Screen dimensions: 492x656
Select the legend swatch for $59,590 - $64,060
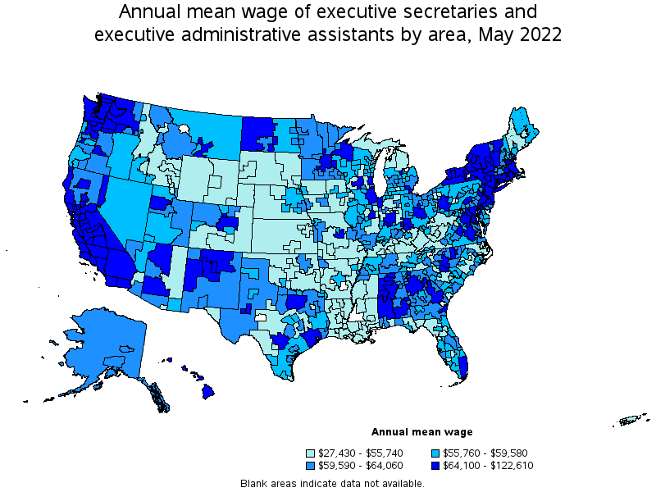(x=311, y=466)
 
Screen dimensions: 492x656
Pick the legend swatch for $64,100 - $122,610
(x=435, y=466)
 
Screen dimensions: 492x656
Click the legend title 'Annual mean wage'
(x=421, y=432)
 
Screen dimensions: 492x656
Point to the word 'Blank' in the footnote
(x=255, y=483)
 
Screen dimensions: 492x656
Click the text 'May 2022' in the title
(x=522, y=35)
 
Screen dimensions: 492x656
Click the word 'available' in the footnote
(x=403, y=483)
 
